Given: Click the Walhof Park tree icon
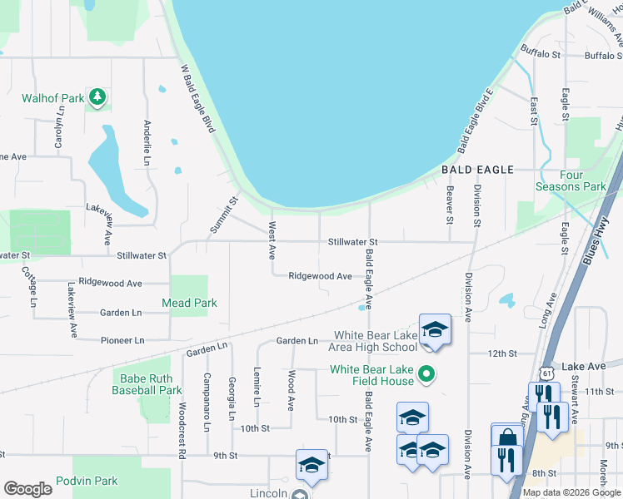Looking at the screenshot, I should click(x=98, y=98).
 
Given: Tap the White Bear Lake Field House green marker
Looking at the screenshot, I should click(x=426, y=375).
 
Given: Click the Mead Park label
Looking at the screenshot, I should click(x=189, y=304).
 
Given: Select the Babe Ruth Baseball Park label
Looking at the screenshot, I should click(x=146, y=383).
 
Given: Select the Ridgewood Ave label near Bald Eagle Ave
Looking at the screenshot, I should click(x=320, y=276).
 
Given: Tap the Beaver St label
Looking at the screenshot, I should click(x=449, y=205).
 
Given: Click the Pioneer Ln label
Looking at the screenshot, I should click(x=122, y=340).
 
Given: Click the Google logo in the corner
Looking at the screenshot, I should click(x=27, y=489).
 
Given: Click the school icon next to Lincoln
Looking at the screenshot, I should click(x=311, y=465).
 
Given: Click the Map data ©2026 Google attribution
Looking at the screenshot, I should click(x=571, y=492).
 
